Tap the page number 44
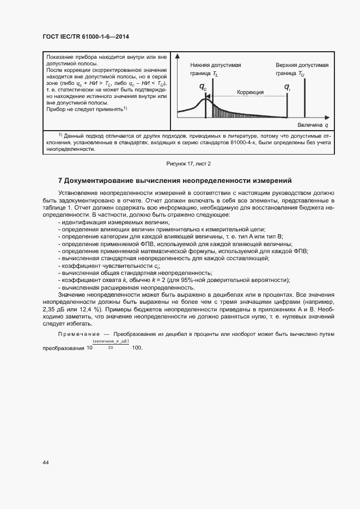[45, 463]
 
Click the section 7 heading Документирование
[175, 180]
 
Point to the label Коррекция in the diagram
[250, 93]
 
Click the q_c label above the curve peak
[203, 87]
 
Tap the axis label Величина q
[309, 125]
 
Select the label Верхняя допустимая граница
[302, 69]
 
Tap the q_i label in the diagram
[288, 87]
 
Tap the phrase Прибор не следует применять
[87, 109]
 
